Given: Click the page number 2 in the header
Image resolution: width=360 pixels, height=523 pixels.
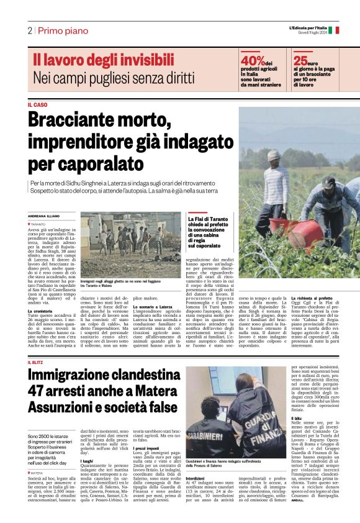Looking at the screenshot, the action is click(29, 30).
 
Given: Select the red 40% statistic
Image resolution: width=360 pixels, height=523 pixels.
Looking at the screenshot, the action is click(252, 61).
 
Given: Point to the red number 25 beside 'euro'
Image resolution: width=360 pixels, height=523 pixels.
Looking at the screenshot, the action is click(300, 61).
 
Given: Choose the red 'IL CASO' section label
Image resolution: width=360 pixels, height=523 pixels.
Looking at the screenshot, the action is click(37, 104).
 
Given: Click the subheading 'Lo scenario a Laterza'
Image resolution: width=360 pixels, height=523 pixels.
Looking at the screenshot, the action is click(152, 307).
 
